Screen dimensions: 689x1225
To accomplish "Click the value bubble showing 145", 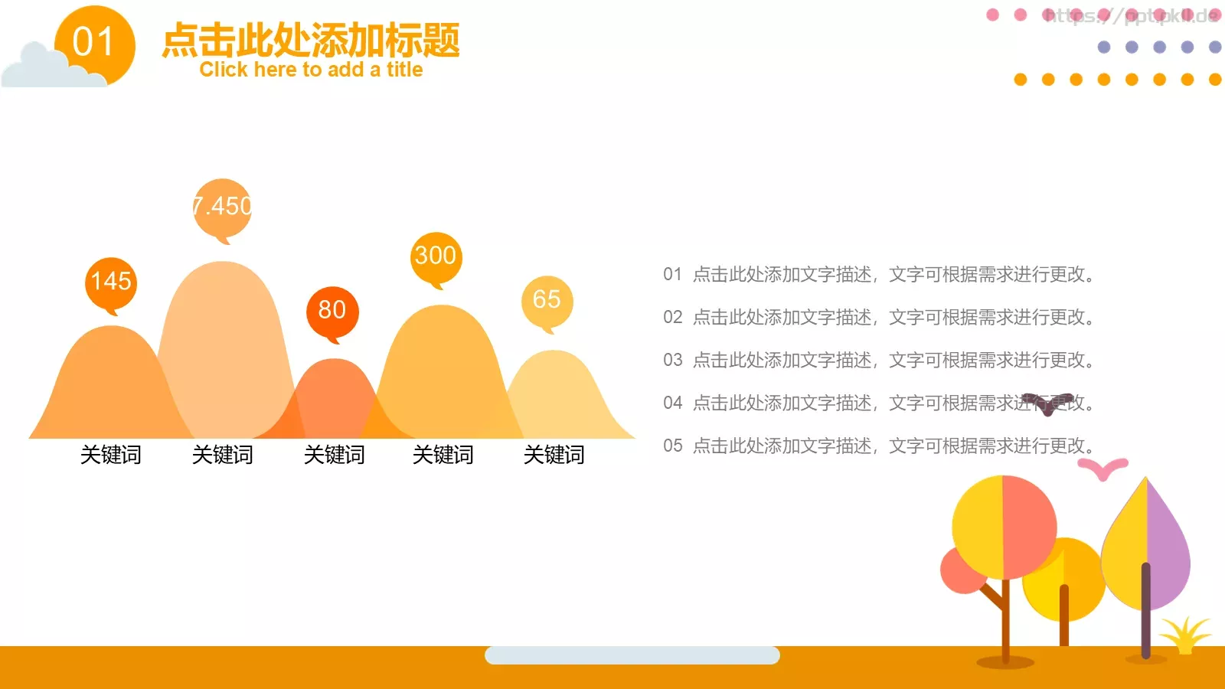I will (x=111, y=282).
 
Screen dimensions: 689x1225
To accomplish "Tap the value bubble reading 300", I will (x=436, y=257).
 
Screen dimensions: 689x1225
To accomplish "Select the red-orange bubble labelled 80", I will (x=332, y=311).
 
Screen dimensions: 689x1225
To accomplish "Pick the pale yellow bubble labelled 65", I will (x=547, y=300).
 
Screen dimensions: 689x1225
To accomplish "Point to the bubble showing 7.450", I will (x=223, y=207).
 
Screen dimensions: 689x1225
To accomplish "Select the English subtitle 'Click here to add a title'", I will (x=311, y=70).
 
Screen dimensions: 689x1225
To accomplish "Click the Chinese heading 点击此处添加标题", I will (x=311, y=39).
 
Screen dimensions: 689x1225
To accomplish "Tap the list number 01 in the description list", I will (x=672, y=274).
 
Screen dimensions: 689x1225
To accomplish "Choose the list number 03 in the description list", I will (x=672, y=360).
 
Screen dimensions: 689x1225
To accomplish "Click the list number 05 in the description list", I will (x=672, y=446).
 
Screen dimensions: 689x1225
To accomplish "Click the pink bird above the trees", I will (x=1102, y=468).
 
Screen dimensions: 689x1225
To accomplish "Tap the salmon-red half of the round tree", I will (x=1028, y=528).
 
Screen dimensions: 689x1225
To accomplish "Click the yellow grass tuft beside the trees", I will (x=1185, y=635).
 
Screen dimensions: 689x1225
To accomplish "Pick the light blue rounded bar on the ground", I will (x=632, y=655).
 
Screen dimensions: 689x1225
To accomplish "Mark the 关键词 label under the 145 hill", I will (x=111, y=455).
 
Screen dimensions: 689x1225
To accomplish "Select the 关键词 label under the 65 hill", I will (x=554, y=455).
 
